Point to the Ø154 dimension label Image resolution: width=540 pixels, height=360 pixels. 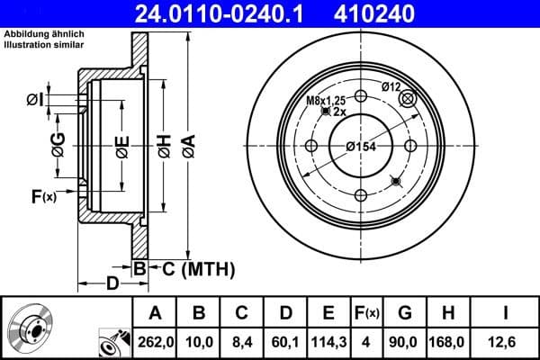[360, 148]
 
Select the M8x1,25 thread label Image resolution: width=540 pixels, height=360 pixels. [326, 101]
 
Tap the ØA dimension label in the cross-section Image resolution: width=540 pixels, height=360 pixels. [188, 146]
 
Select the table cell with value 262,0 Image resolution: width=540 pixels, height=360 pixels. [154, 341]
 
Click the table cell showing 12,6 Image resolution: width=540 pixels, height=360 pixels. [506, 341]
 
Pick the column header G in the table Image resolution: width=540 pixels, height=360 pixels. [405, 313]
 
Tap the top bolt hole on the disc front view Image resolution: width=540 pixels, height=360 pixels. [361, 97]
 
